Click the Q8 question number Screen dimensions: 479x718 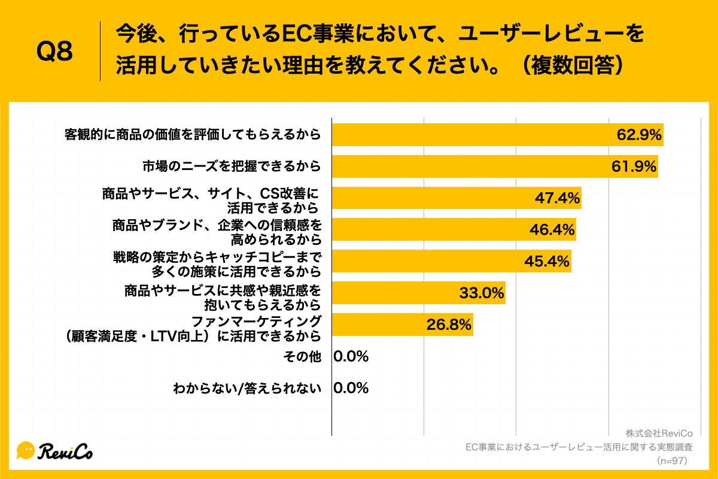(54, 51)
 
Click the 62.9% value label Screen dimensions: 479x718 (639, 135)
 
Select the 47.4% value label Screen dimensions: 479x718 (557, 198)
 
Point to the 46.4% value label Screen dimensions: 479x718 (552, 229)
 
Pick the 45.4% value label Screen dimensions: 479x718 (547, 261)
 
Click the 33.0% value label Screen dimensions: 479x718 (482, 293)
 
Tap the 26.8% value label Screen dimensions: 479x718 (449, 325)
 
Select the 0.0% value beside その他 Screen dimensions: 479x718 (351, 357)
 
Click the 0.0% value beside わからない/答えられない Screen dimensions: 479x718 (351, 388)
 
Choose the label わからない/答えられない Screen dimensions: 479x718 (247, 388)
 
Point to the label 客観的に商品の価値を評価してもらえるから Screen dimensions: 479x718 (193, 135)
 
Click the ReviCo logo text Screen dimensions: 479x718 (66, 451)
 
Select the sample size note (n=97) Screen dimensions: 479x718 (674, 460)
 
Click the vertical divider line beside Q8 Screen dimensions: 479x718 (100, 51)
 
